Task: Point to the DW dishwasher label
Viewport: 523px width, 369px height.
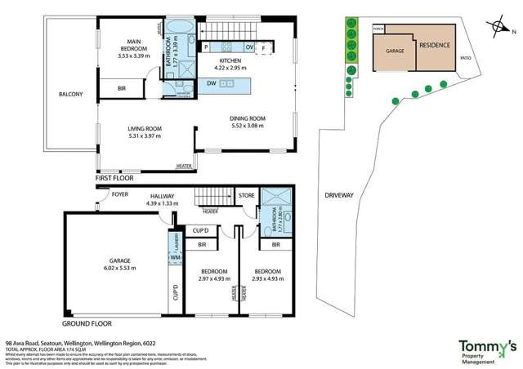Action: [x=212, y=83]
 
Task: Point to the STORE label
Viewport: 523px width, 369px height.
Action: [x=246, y=195]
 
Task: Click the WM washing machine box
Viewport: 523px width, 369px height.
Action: [x=175, y=258]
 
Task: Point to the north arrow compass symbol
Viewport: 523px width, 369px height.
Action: [x=499, y=27]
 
